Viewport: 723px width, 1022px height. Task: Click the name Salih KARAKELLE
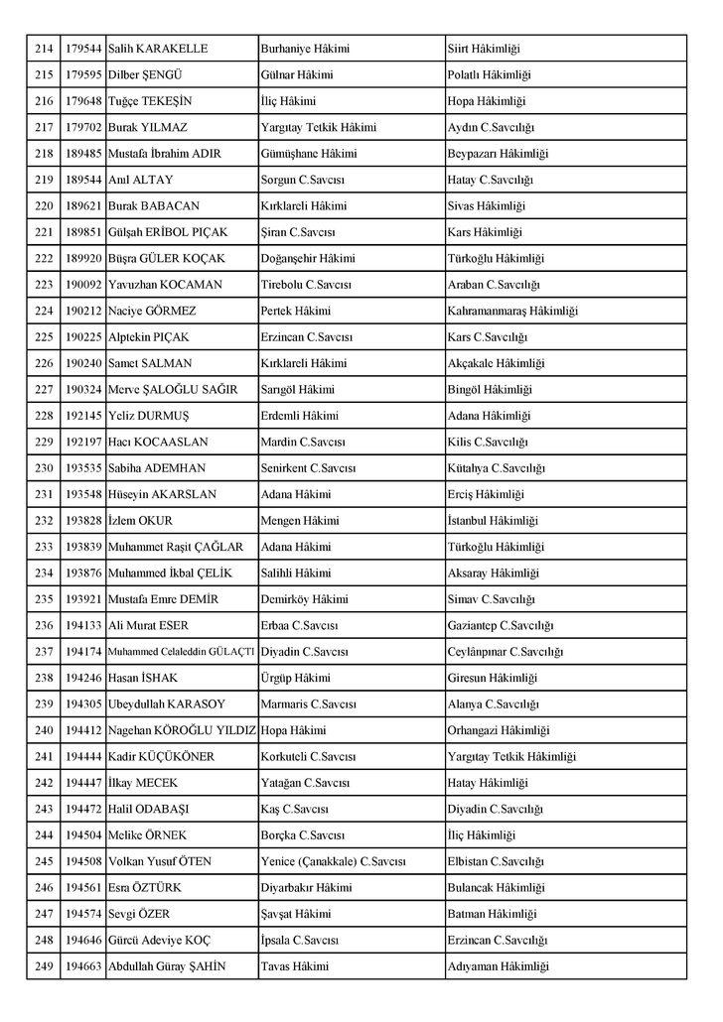point(157,49)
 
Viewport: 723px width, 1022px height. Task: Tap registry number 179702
point(84,127)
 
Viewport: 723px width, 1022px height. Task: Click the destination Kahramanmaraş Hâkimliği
point(512,311)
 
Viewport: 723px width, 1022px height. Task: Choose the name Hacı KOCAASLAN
point(158,442)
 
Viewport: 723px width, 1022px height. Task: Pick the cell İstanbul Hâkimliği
point(493,520)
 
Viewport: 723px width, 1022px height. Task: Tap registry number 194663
point(84,965)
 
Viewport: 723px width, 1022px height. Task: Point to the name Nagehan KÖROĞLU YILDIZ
point(182,729)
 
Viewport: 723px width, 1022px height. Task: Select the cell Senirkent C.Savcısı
point(307,467)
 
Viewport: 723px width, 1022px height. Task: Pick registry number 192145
point(84,415)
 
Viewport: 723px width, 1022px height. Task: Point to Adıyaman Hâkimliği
point(498,965)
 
